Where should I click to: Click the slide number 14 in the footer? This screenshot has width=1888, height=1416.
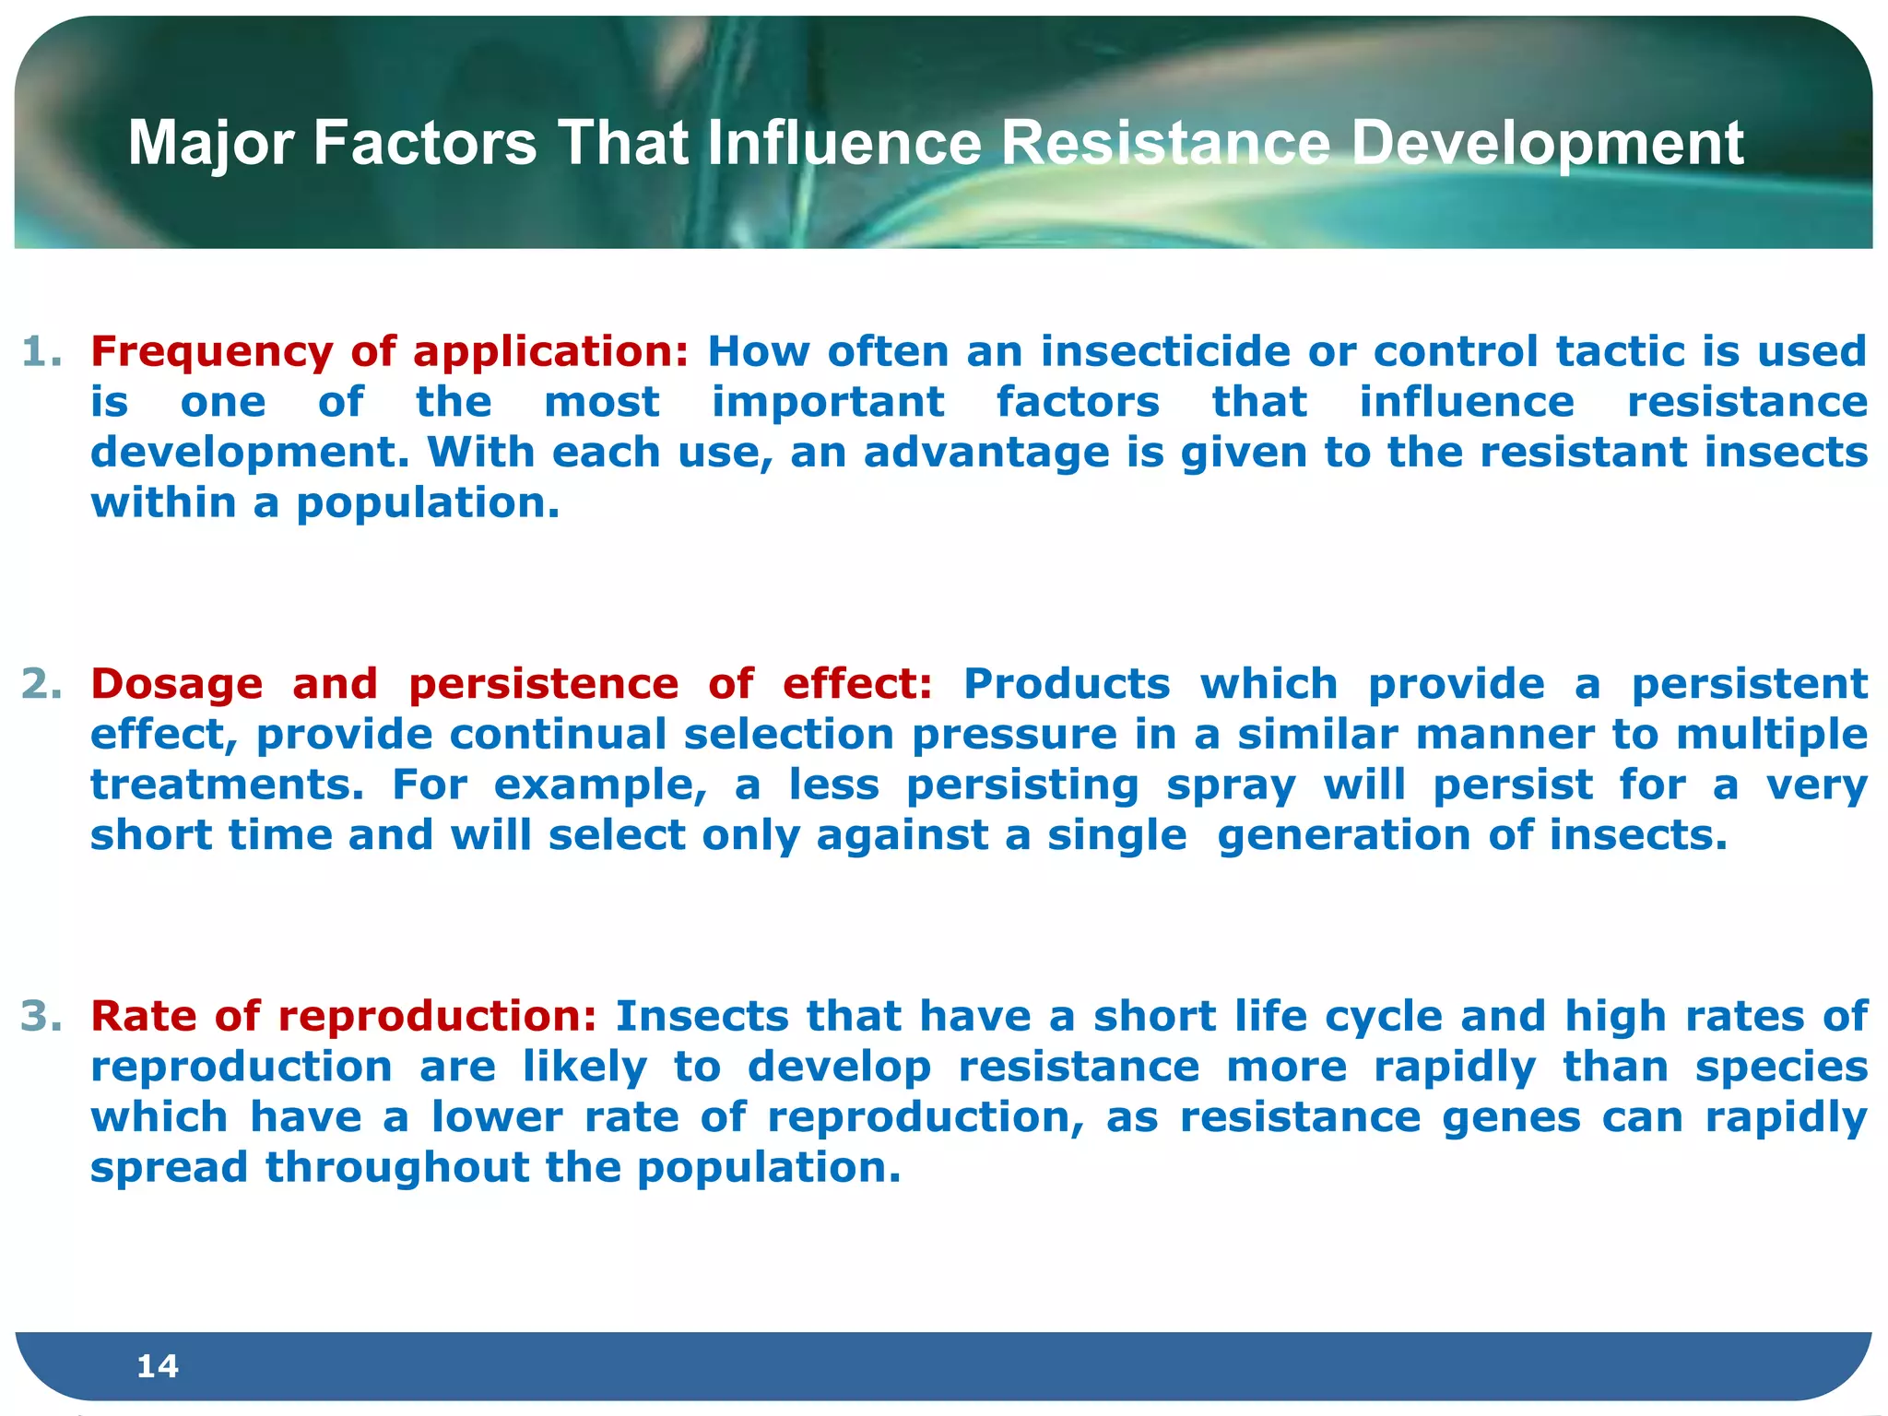click(157, 1365)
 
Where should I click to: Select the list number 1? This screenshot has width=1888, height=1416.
click(41, 352)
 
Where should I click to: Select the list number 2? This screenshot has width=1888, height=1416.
click(41, 684)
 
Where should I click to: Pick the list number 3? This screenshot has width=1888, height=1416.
click(41, 1016)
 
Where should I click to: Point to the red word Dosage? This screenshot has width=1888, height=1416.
click(176, 684)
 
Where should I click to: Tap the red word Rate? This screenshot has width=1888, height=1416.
click(143, 1016)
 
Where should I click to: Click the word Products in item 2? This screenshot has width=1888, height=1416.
click(1067, 684)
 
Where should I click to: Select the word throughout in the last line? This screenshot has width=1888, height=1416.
click(397, 1168)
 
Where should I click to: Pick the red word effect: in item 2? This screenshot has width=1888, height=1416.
click(856, 684)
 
